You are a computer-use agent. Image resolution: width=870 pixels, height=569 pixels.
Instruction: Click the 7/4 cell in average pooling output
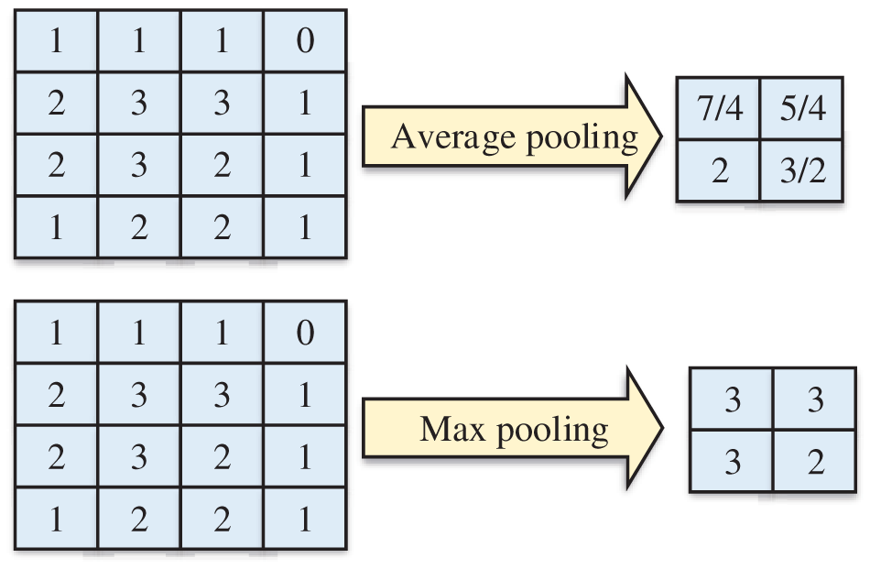(720, 110)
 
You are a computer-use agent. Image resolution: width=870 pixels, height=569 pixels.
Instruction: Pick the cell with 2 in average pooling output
(720, 170)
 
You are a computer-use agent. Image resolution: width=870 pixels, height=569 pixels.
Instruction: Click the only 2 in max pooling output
(816, 462)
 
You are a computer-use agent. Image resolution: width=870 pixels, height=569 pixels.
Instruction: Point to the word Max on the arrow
(450, 428)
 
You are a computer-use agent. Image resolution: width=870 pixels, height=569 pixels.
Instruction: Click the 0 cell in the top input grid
(305, 41)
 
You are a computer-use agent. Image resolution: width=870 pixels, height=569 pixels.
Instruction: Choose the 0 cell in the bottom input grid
(305, 332)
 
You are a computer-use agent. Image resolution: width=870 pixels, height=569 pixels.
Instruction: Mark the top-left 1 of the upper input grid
(57, 41)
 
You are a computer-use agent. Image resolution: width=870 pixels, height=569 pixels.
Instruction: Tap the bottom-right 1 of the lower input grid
(305, 519)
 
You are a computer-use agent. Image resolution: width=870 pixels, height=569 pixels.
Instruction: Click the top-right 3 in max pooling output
(816, 400)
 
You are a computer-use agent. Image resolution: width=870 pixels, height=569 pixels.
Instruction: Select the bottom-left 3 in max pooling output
(732, 462)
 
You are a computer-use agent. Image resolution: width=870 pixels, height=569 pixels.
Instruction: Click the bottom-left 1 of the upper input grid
(57, 227)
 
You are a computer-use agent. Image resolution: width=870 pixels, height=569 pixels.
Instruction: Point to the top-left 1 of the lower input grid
(57, 332)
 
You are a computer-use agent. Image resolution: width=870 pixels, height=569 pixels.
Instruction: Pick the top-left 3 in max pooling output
(732, 400)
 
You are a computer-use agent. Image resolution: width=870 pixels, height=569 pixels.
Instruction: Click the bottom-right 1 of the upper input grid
(305, 227)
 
